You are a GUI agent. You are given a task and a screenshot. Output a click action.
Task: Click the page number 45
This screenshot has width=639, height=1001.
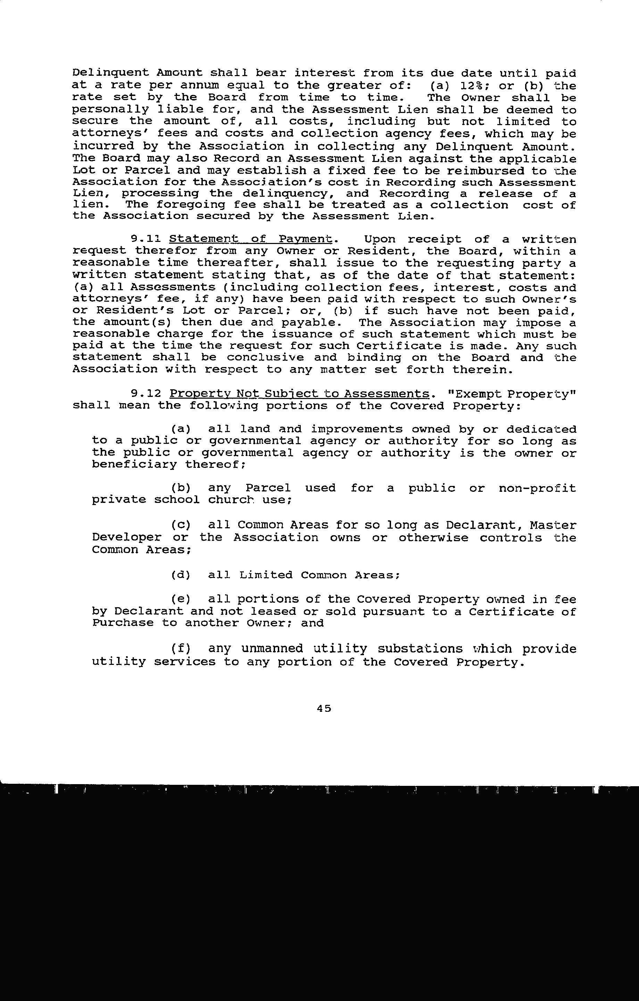pos(324,708)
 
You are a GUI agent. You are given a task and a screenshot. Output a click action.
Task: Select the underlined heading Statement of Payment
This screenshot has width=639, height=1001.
pos(251,239)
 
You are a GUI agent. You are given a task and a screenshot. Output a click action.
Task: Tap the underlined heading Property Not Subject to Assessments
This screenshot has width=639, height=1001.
pos(299,394)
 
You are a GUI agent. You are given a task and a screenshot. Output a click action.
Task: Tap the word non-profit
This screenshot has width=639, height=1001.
pos(537,488)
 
